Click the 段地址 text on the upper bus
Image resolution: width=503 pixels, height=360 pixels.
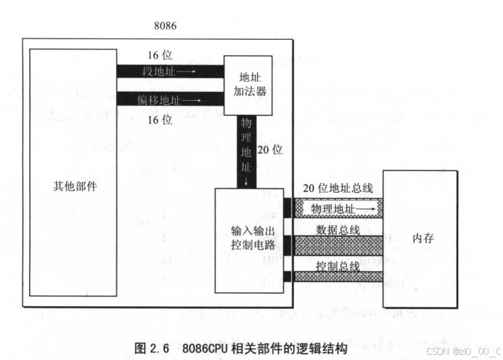click(x=156, y=71)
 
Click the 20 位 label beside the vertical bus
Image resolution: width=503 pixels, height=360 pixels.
click(x=270, y=150)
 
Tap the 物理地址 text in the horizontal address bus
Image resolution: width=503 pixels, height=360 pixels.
click(x=331, y=208)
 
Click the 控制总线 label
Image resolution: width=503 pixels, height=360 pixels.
click(x=337, y=266)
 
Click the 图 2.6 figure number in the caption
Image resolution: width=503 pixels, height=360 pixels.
click(x=152, y=348)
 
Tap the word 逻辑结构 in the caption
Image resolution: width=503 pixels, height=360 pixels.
click(x=323, y=348)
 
